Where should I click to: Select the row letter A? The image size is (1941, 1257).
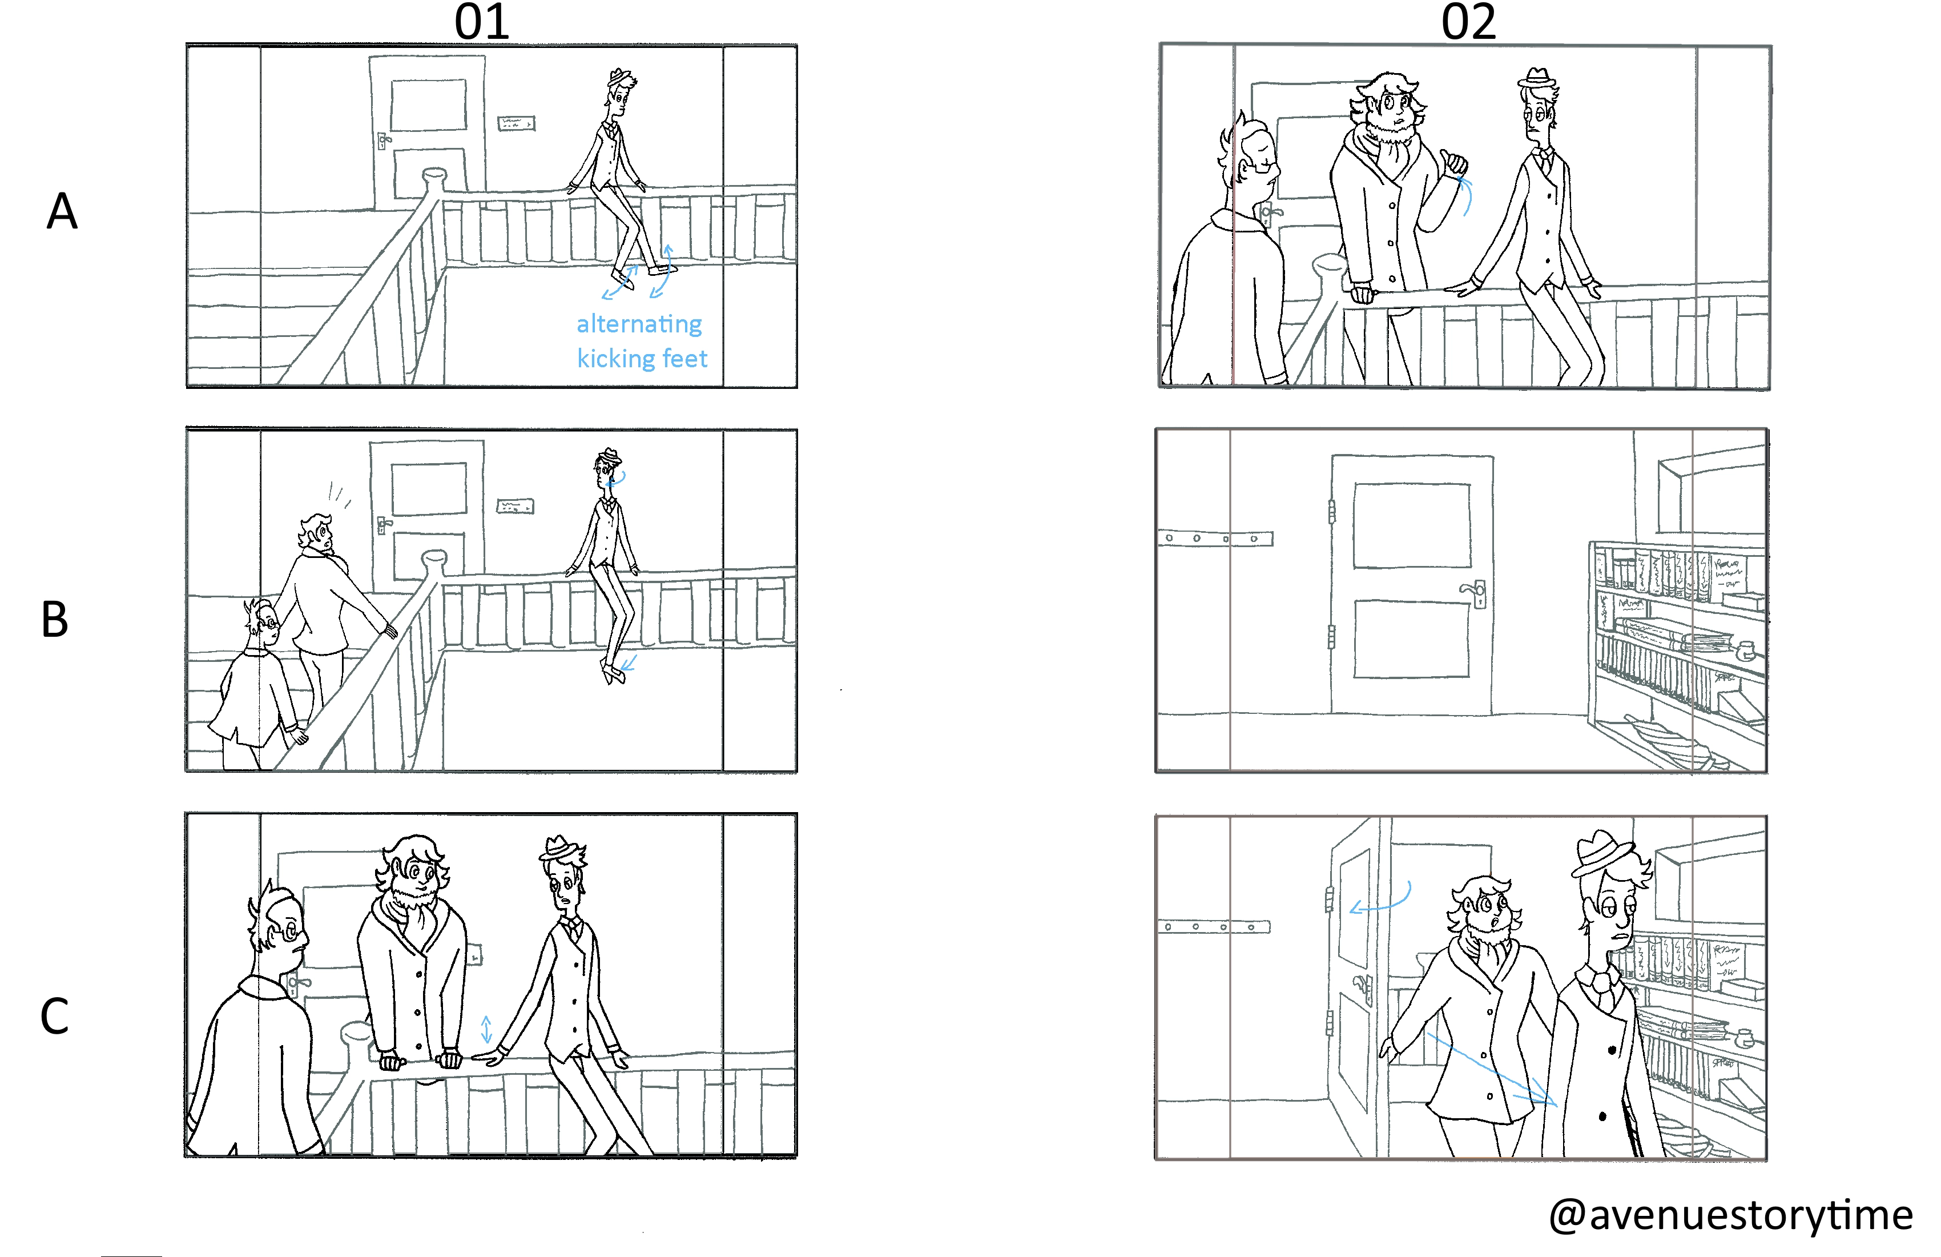click(62, 212)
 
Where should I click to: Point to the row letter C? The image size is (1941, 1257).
click(55, 1017)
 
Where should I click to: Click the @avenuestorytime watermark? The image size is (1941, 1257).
click(1730, 1215)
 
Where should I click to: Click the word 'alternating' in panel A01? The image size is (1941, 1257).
click(639, 324)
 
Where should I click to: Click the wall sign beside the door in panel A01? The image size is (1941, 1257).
click(516, 124)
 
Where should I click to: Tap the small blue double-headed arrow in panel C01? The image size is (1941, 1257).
click(486, 1030)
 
